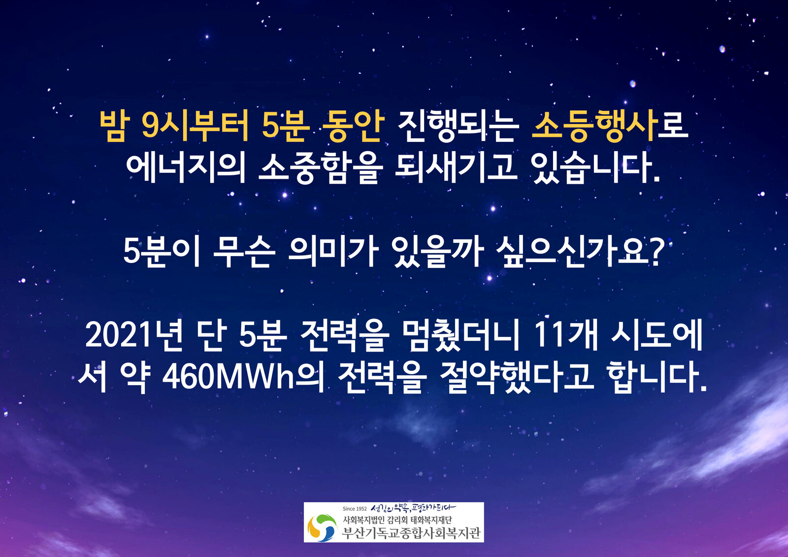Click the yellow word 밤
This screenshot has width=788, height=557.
pyautogui.click(x=114, y=126)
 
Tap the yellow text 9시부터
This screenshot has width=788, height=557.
pyautogui.click(x=195, y=126)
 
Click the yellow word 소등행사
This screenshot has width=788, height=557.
pyautogui.click(x=594, y=125)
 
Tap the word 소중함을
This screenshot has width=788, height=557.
pyautogui.click(x=321, y=168)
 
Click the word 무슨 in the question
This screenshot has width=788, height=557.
pyautogui.click(x=244, y=252)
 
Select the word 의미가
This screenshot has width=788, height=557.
pyautogui.click(x=333, y=252)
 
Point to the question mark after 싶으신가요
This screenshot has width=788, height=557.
pyautogui.click(x=657, y=252)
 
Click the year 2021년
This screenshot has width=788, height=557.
pyautogui.click(x=134, y=335)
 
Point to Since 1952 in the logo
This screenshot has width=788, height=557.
pyautogui.click(x=355, y=509)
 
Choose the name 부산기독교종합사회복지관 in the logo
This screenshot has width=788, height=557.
pyautogui.click(x=411, y=533)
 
